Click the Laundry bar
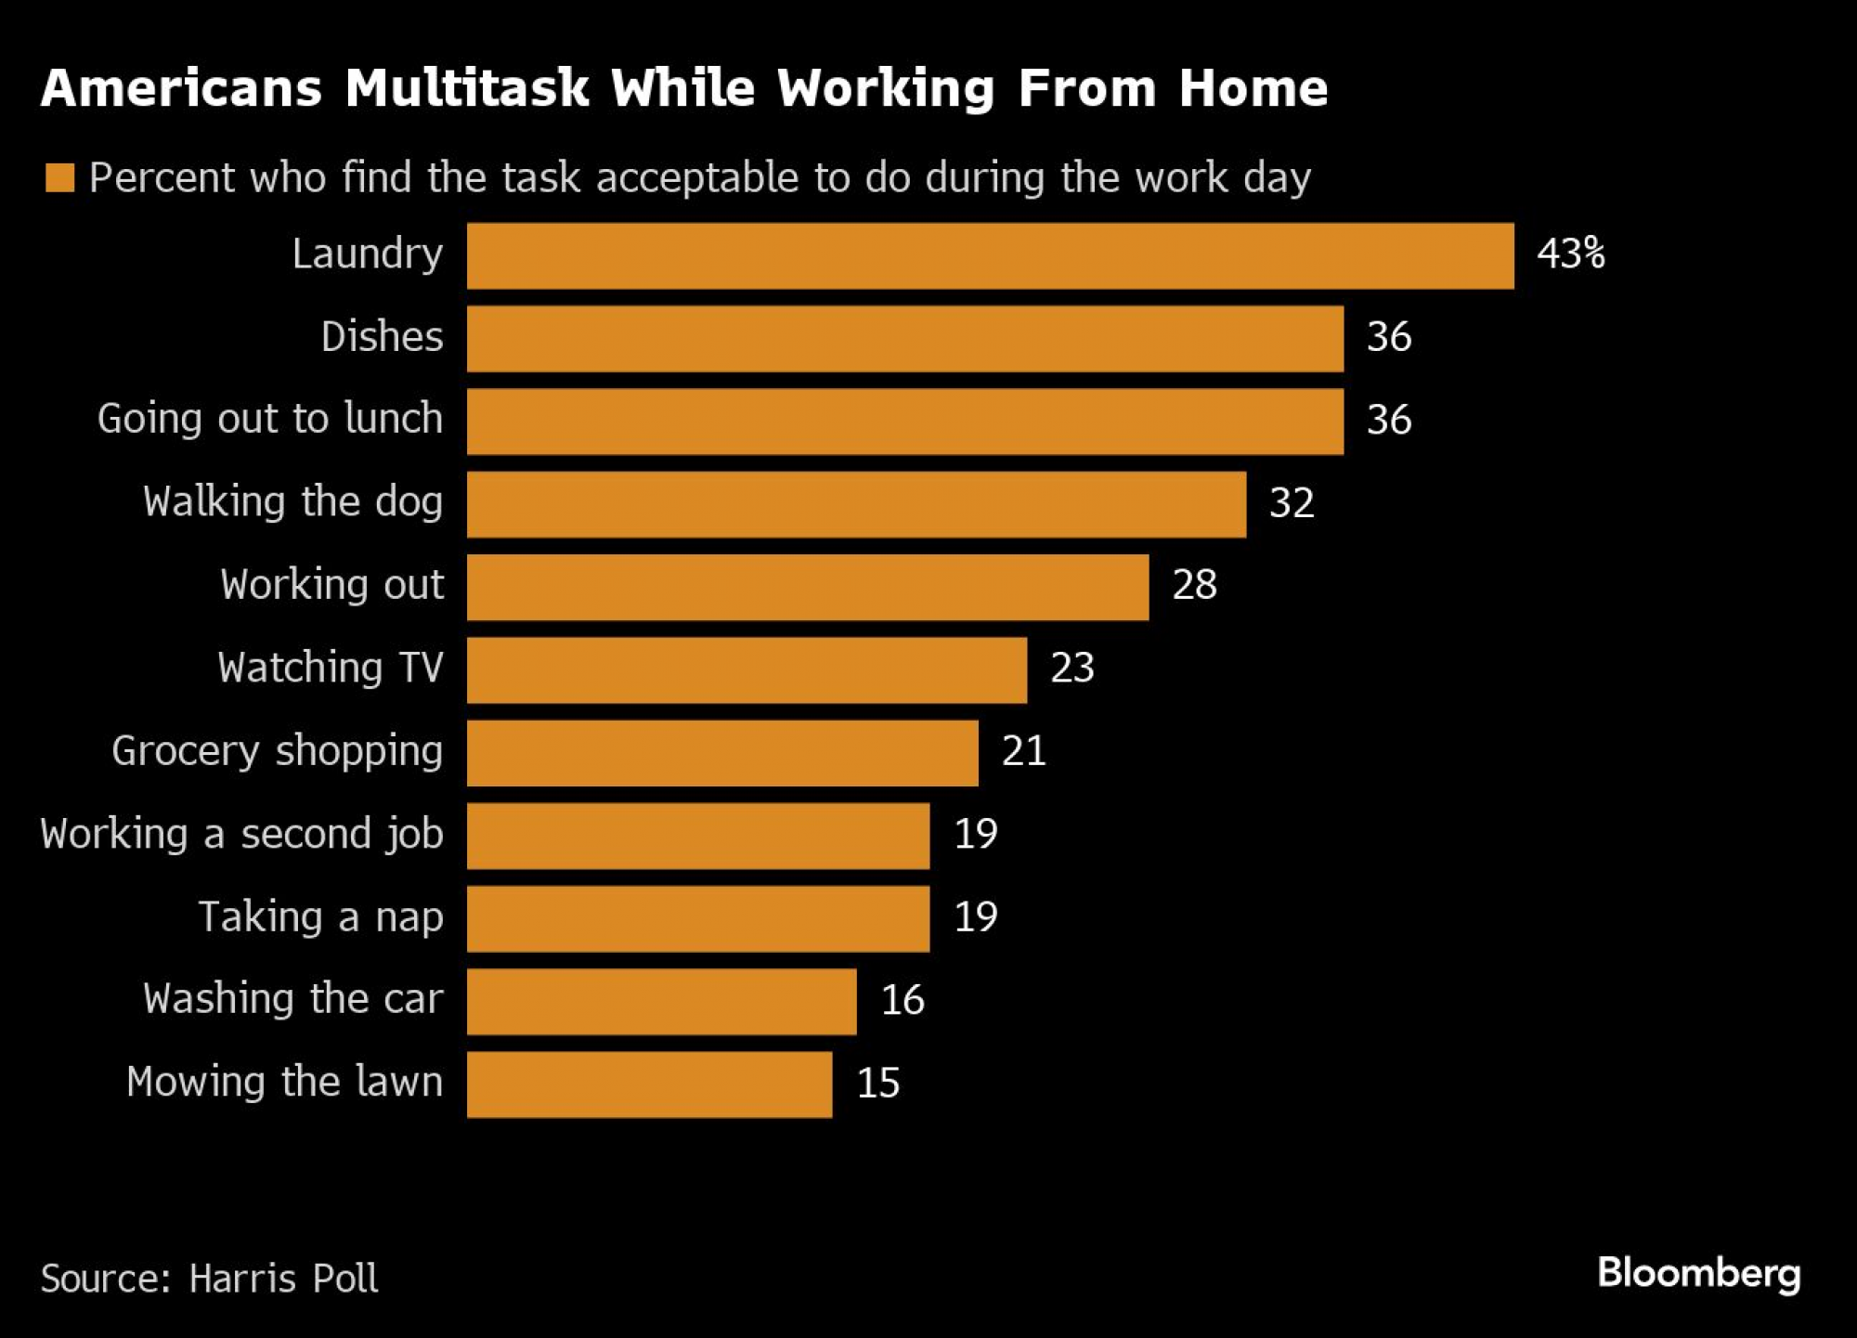pyautogui.click(x=990, y=255)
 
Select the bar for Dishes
pyautogui.click(x=905, y=339)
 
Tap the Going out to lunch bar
pyautogui.click(x=905, y=422)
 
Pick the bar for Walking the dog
pyautogui.click(x=856, y=504)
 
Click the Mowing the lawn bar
pyautogui.click(x=649, y=1085)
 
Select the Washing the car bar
pyautogui.click(x=661, y=1002)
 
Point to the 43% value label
pyautogui.click(x=1570, y=253)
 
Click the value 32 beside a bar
pyautogui.click(x=1292, y=503)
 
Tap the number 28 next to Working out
pyautogui.click(x=1194, y=585)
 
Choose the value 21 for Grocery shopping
pyautogui.click(x=1023, y=751)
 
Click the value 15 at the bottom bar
pyautogui.click(x=877, y=1084)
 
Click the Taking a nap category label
pyautogui.click(x=321, y=917)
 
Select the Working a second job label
pyautogui.click(x=241, y=834)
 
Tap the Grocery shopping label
pyautogui.click(x=277, y=751)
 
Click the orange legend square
pyautogui.click(x=60, y=177)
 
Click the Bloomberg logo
pyautogui.click(x=1698, y=1274)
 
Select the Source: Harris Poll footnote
pyautogui.click(x=210, y=1279)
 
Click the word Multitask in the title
pyautogui.click(x=467, y=89)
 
